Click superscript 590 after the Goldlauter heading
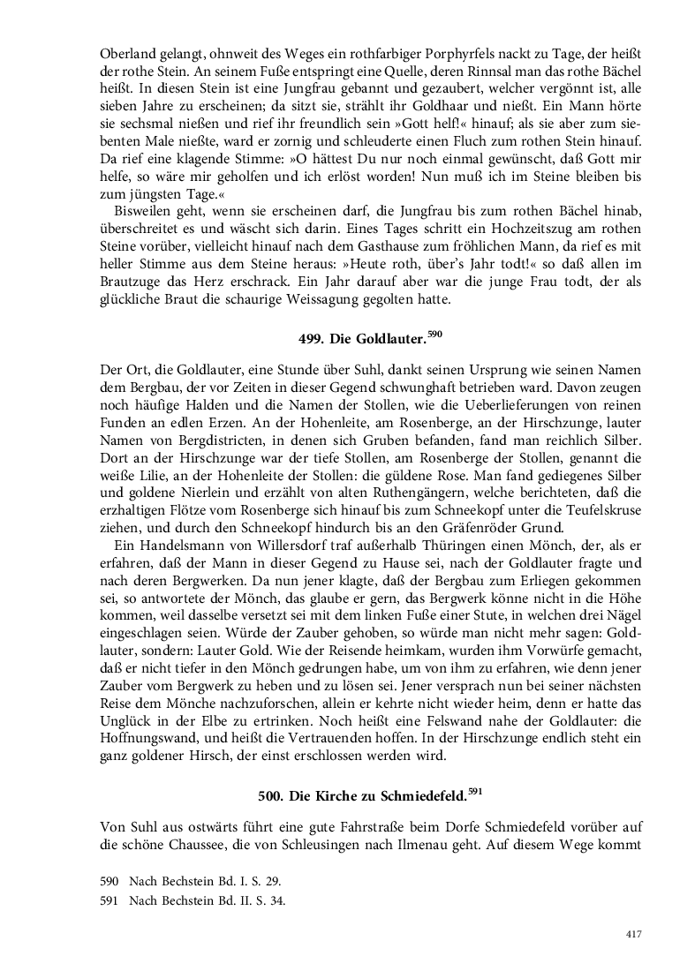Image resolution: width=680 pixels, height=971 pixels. pyautogui.click(x=434, y=334)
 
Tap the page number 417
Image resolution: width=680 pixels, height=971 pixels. pyautogui.click(x=632, y=936)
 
